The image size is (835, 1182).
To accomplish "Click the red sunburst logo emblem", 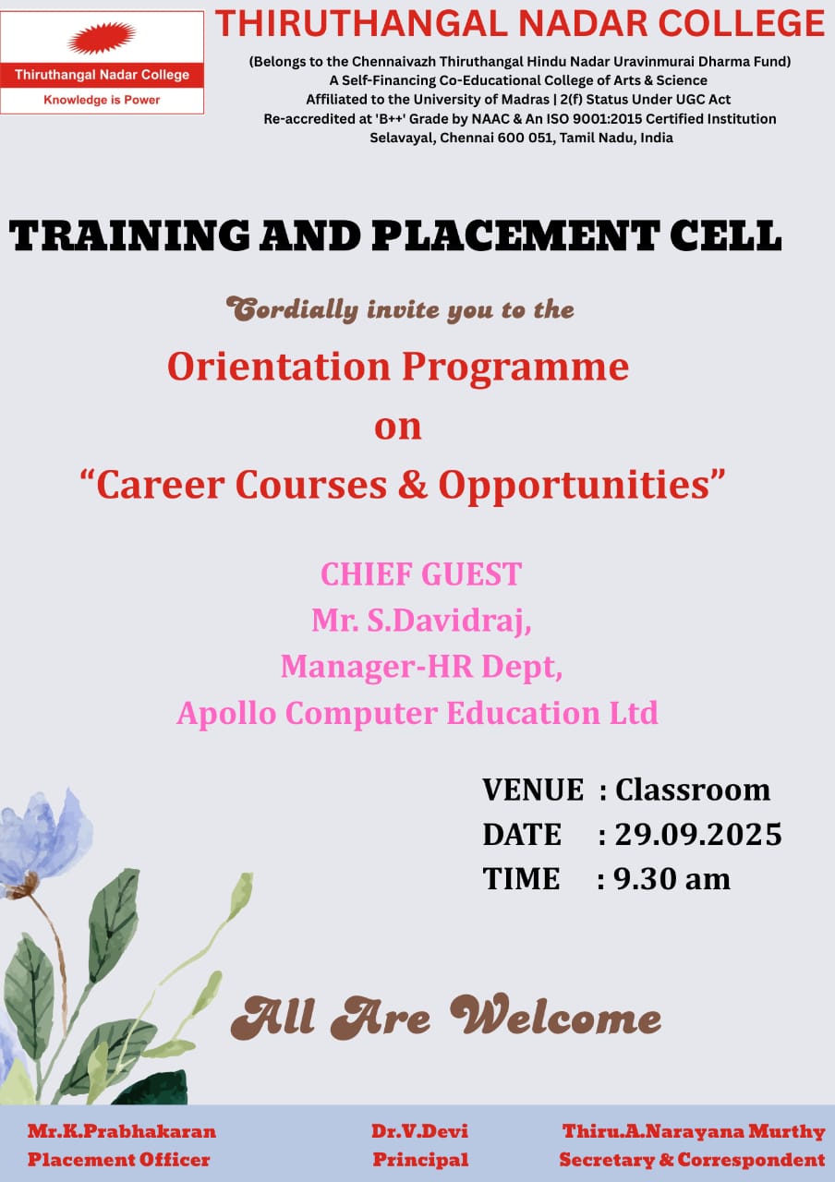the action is point(102,38).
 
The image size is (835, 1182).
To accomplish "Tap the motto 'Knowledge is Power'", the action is point(102,100).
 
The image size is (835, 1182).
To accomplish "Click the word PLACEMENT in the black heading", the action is point(515,235).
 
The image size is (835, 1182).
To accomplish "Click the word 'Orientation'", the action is point(279,367).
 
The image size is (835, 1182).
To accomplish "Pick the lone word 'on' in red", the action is point(398,427).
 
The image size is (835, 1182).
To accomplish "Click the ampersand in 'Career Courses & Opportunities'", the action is point(413,484).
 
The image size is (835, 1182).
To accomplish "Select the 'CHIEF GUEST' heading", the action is point(421,574).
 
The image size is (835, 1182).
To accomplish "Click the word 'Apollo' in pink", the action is point(226,715).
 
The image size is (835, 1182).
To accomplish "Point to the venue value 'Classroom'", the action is point(693,790).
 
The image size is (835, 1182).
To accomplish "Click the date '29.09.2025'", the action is point(698,835).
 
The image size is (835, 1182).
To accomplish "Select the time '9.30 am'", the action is point(672,879).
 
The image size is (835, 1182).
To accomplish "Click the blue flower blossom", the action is point(45,838).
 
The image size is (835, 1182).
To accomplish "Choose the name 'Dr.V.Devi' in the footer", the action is point(419,1131).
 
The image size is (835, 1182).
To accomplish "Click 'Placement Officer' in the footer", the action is point(119,1159).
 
